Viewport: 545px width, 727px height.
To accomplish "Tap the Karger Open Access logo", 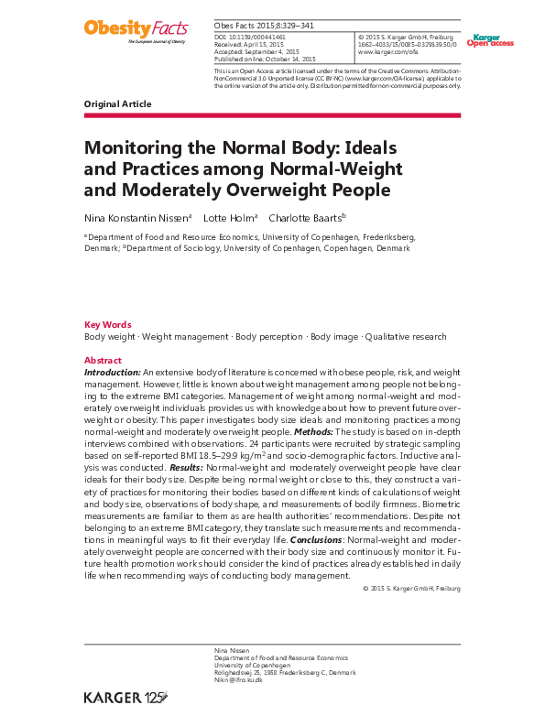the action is [489, 40].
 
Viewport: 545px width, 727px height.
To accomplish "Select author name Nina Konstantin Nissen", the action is [137, 219].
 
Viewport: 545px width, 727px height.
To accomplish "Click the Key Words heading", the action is [107, 325].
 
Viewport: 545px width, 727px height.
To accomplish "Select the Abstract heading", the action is [103, 361].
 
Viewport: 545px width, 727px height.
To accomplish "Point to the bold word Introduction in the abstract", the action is [113, 373].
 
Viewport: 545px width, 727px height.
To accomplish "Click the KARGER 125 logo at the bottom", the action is [127, 698].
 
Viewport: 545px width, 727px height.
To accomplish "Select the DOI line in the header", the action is [251, 38].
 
